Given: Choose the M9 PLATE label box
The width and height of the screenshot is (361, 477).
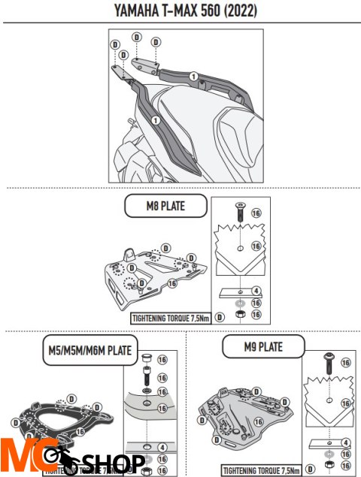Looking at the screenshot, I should click(x=263, y=346).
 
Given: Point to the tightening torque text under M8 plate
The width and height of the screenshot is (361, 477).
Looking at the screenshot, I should click(x=171, y=317).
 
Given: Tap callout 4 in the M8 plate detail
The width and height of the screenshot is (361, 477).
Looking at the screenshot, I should click(x=256, y=291).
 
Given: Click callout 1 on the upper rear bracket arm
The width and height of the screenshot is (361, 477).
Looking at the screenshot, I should click(x=193, y=75).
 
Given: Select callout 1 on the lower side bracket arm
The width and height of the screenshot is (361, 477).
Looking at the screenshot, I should click(x=153, y=119).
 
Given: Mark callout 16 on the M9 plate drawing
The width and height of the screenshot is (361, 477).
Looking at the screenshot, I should click(x=261, y=423).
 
